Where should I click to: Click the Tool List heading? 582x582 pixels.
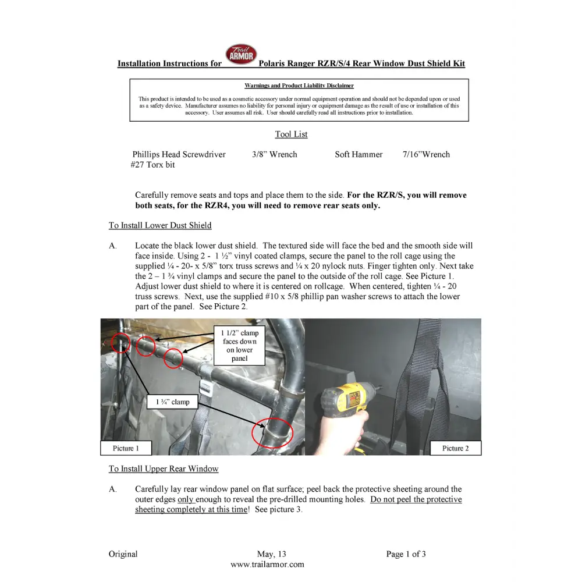(x=291, y=134)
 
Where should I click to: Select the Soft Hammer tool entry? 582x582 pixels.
(x=359, y=155)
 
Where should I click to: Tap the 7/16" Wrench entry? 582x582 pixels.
(x=426, y=155)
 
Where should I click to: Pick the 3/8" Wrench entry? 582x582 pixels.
(x=275, y=155)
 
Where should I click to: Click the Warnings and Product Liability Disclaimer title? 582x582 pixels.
(x=299, y=86)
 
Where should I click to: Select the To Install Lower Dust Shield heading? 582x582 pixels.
(x=160, y=225)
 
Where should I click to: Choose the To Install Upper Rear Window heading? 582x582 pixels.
(x=164, y=469)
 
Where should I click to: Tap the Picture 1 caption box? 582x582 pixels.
(x=126, y=448)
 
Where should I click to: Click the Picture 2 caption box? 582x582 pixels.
(x=455, y=448)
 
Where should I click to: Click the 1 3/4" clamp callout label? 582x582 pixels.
(x=172, y=402)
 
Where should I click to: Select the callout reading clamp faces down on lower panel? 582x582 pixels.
(x=240, y=346)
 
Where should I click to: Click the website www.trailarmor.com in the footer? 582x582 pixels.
(x=267, y=564)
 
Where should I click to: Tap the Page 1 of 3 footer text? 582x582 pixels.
(x=406, y=554)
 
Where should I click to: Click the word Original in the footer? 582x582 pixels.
(x=123, y=554)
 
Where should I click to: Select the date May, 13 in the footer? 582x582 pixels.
(x=271, y=554)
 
